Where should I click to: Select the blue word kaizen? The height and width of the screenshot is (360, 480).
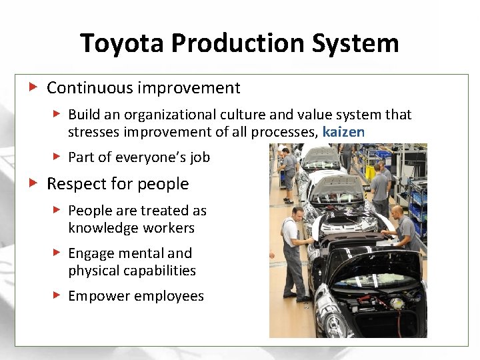coord(343,132)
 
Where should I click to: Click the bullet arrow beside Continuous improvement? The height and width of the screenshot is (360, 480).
coord(32,87)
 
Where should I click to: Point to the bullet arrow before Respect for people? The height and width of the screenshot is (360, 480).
coord(32,183)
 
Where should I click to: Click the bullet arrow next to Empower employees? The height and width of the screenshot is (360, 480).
coord(57,295)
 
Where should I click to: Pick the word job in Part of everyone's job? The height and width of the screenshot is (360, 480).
coord(199,157)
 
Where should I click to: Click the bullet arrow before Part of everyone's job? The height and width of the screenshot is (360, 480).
coord(57,157)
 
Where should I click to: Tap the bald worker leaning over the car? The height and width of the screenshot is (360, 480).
coord(403,230)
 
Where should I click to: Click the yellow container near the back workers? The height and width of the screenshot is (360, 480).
coord(370,172)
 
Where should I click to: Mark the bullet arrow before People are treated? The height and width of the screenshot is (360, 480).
coord(57,210)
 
